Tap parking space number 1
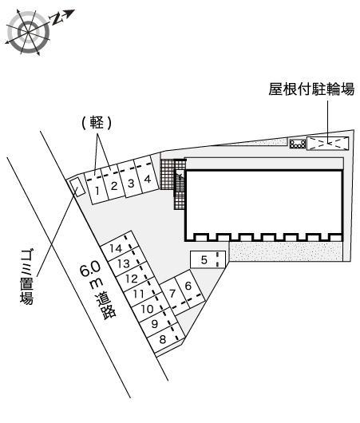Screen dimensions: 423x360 click(x=96, y=189)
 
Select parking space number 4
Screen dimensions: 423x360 click(x=147, y=179)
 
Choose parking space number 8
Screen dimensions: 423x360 click(x=163, y=338)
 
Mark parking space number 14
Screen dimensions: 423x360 click(x=117, y=248)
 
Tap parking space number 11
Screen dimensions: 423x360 click(x=137, y=293)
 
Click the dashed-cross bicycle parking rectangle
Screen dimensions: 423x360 click(x=328, y=144)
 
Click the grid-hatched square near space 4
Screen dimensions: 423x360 click(x=166, y=174)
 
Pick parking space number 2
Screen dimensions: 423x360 click(x=113, y=186)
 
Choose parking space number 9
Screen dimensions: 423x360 click(x=154, y=323)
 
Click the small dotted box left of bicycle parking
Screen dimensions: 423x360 click(x=297, y=144)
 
